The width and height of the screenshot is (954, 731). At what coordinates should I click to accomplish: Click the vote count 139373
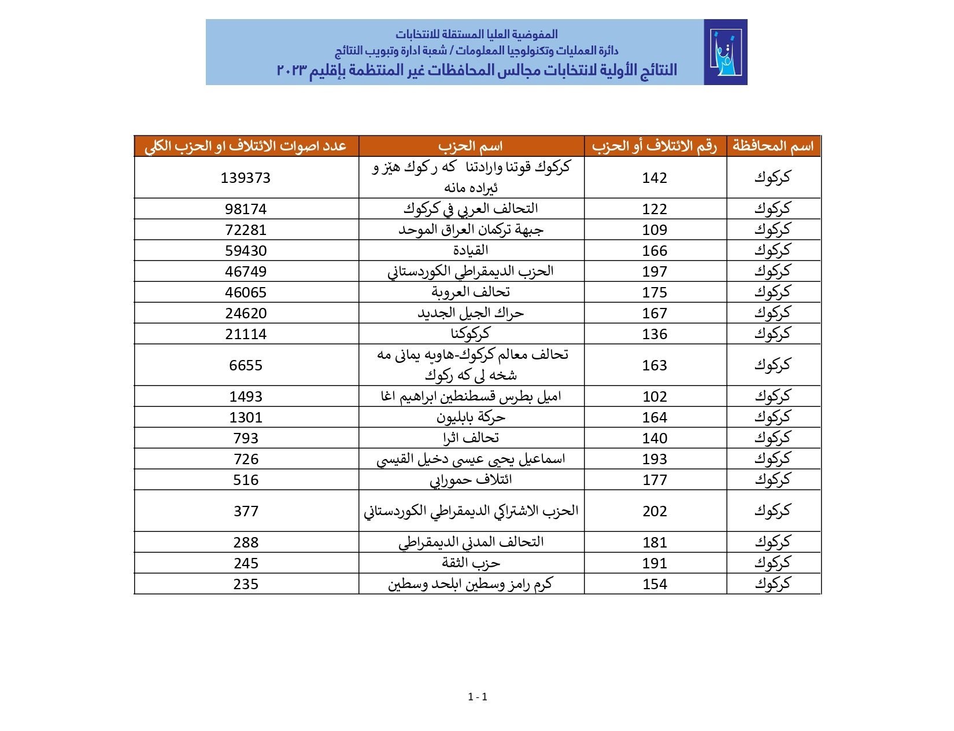(246, 178)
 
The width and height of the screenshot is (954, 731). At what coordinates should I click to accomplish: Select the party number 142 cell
(655, 178)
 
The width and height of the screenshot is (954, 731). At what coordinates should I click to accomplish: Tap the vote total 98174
(246, 209)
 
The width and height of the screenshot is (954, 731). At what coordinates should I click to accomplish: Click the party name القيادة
(471, 251)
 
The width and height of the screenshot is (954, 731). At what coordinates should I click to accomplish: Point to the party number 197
(655, 271)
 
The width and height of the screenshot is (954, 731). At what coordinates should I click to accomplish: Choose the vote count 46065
(246, 292)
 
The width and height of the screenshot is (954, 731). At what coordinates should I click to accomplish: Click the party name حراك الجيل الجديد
(471, 313)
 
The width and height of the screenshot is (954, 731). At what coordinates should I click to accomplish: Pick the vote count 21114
(246, 334)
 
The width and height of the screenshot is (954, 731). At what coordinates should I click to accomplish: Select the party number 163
(655, 365)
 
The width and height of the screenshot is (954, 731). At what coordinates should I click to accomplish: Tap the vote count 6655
(246, 365)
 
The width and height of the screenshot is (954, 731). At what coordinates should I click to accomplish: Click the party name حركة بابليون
(471, 417)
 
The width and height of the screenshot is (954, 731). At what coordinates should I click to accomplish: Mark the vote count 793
(246, 438)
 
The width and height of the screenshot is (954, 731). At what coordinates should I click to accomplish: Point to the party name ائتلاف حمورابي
(471, 480)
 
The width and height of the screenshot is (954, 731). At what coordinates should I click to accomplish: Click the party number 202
(655, 511)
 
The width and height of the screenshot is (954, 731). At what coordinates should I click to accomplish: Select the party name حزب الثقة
(471, 563)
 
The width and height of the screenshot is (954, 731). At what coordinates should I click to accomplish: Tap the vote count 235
(246, 584)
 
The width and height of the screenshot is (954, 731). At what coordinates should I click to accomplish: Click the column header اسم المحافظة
(773, 146)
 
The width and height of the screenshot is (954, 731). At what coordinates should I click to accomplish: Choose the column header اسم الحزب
(471, 146)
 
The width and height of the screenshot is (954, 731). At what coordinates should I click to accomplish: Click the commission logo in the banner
(725, 52)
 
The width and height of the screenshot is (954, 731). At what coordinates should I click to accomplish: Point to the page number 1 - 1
(478, 697)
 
